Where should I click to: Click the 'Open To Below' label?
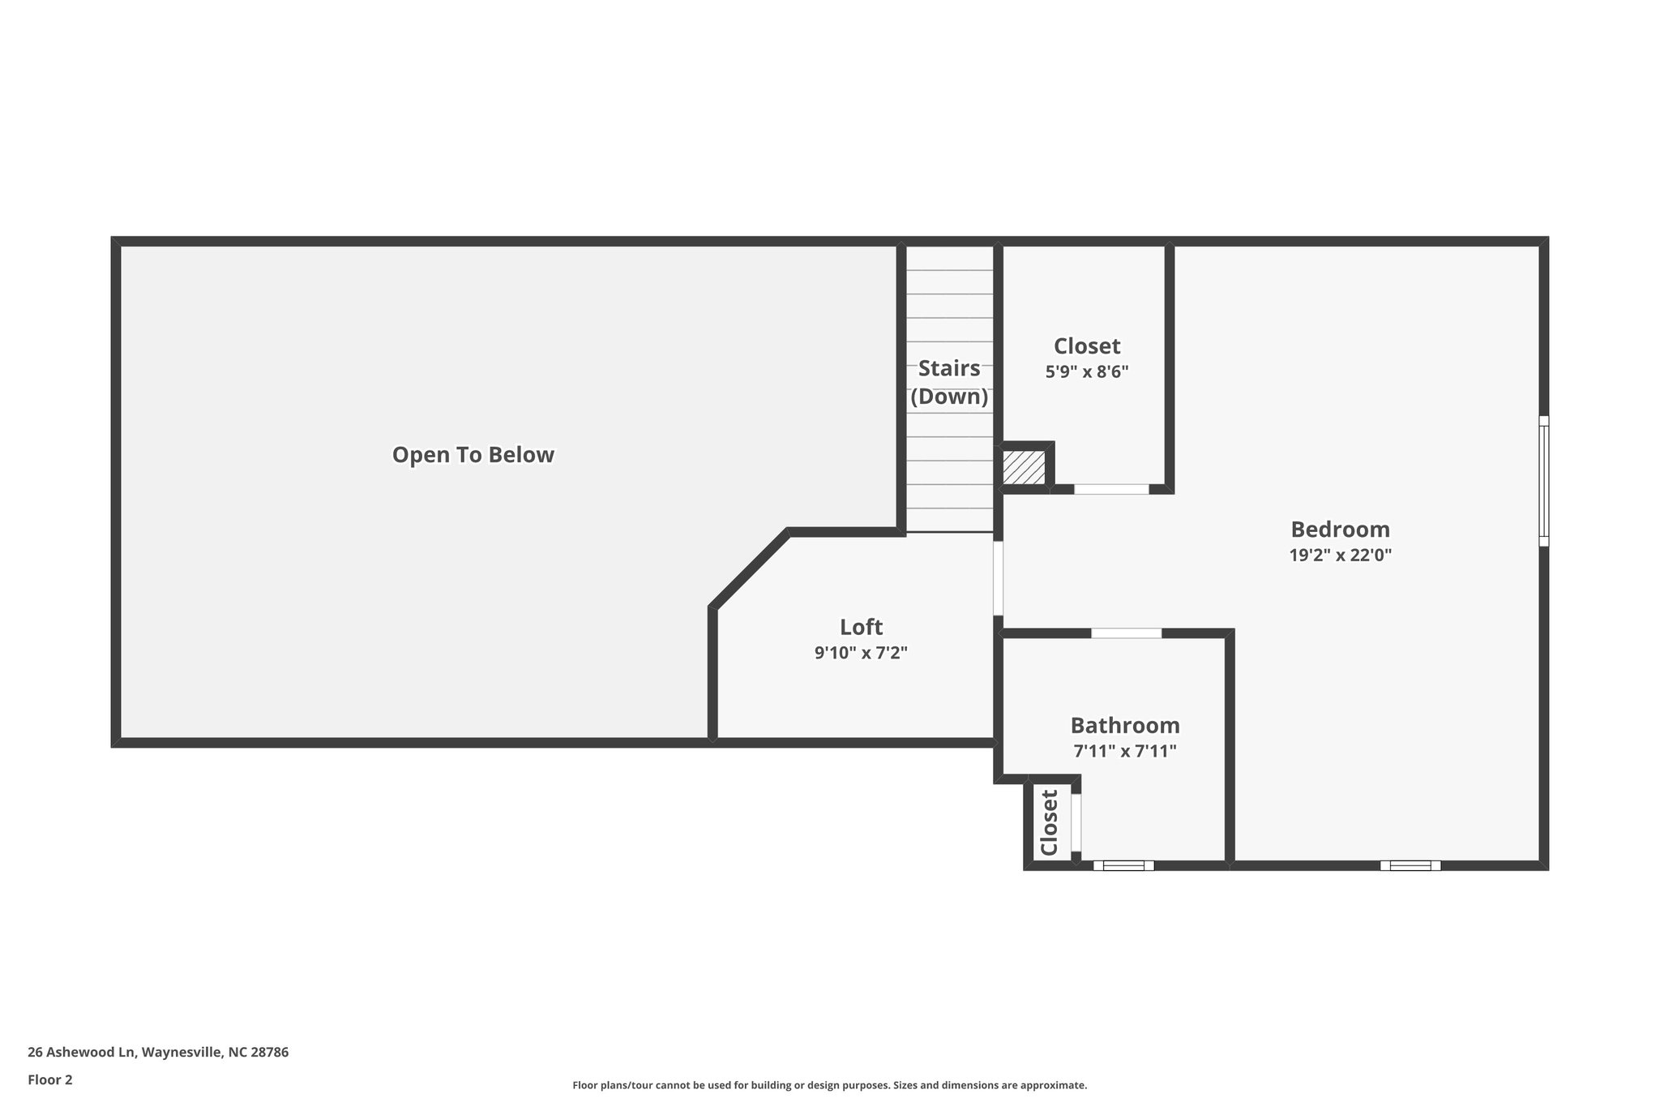coord(473,455)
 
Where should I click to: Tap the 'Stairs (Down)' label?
coord(949,383)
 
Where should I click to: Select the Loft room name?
coord(861,627)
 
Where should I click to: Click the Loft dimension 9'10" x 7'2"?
coord(861,653)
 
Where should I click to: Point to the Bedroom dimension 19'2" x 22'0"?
coord(1340,556)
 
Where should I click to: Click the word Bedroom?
coord(1340,530)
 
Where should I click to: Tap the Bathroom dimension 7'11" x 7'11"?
coord(1124,751)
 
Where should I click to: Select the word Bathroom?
coord(1124,725)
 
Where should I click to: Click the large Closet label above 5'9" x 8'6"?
coord(1086,346)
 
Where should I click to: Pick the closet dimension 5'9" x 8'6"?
coord(1086,372)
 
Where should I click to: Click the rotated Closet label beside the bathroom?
coord(1049,822)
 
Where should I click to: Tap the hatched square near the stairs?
coord(1024,468)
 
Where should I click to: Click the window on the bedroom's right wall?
coord(1543,481)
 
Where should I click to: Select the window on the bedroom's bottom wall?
coord(1410,865)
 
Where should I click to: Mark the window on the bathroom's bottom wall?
coord(1123,865)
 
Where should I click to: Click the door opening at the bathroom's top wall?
coord(1126,633)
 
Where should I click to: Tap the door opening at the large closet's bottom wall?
coord(1111,489)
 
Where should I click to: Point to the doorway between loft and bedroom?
coord(998,578)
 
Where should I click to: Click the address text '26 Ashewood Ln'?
coord(81,1052)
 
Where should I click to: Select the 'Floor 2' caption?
coord(50,1079)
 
